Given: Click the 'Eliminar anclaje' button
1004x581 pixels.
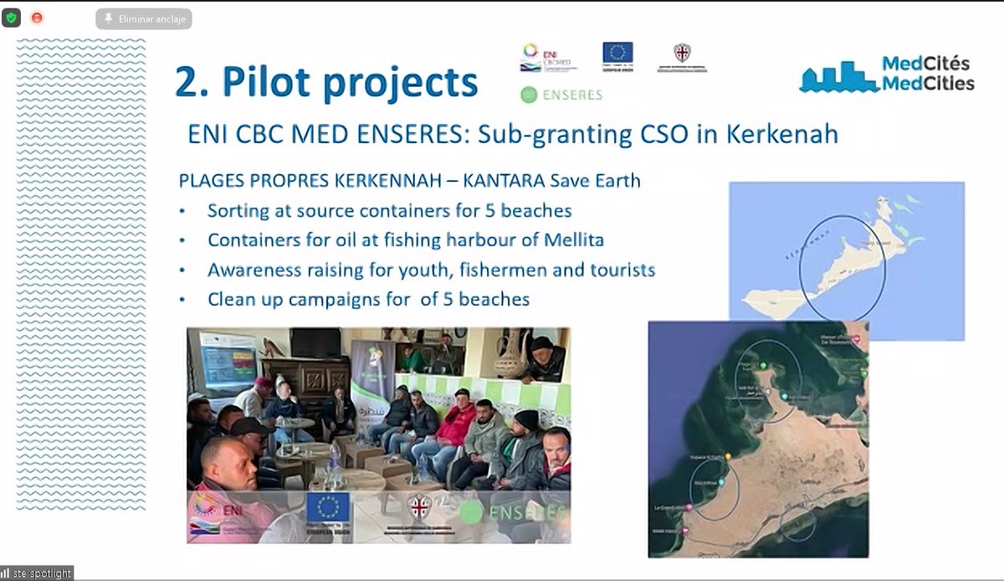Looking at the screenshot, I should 143,18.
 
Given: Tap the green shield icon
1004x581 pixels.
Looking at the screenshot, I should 11,18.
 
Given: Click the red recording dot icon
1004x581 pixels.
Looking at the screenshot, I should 37,18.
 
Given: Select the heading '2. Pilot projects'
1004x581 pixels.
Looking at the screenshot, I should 325,82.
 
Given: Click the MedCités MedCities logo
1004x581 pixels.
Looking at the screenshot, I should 887,75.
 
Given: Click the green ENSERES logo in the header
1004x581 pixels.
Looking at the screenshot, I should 561,95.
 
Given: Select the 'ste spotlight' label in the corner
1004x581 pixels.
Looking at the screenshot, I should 37,573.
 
